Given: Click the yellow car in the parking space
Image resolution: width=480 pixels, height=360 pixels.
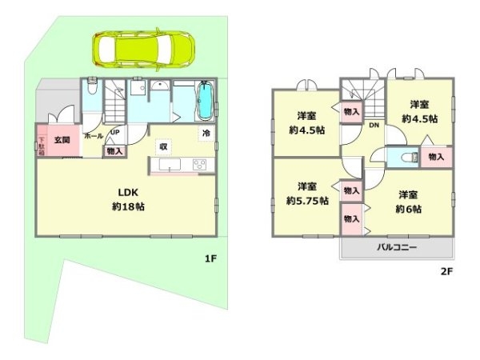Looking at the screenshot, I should (144, 50).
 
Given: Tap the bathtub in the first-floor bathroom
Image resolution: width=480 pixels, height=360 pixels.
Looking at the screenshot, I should (205, 102).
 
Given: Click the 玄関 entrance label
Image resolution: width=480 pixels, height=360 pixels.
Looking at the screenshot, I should (62, 139).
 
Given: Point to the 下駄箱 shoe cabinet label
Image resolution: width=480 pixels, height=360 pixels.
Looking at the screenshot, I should (42, 144).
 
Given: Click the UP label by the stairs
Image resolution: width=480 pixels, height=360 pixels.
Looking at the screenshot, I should (115, 133).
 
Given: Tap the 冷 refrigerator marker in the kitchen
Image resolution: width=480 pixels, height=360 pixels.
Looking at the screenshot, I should (206, 134).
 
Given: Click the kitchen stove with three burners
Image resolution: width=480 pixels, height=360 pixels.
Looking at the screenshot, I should (199, 165).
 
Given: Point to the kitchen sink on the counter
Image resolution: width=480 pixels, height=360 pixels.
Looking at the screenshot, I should (170, 165).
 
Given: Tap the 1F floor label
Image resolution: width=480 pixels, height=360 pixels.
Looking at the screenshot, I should (210, 258).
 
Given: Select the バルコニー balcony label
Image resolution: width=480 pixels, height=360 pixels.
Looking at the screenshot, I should (397, 248).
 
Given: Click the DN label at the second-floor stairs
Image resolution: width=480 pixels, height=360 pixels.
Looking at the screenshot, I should (373, 126).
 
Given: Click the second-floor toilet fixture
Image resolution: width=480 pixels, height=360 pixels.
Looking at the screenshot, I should (404, 158).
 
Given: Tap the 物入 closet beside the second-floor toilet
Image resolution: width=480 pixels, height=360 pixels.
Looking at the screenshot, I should (436, 158).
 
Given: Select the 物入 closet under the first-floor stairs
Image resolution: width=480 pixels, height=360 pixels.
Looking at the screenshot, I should (114, 150).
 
